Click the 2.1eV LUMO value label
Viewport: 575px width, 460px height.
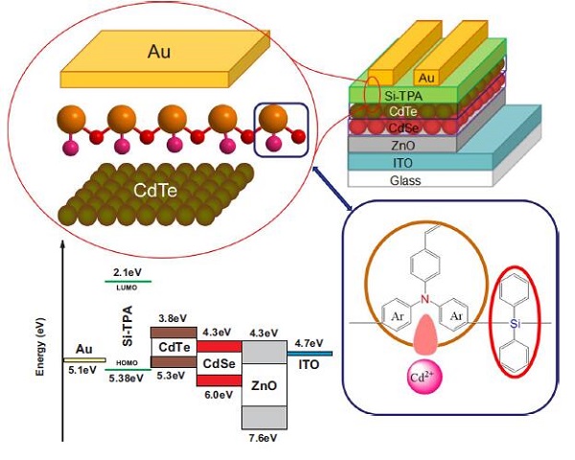coord(127,272)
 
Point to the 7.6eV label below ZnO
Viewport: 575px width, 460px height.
coord(264,437)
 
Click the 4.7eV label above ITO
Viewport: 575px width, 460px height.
coord(310,343)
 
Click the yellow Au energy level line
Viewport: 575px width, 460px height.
coord(84,359)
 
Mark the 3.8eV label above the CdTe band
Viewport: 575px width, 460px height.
coord(169,320)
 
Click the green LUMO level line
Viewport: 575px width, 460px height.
coord(127,282)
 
